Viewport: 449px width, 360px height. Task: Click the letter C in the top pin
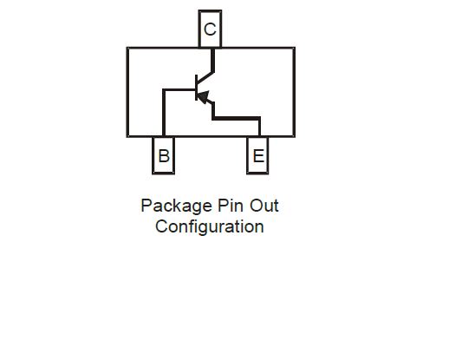pos(210,29)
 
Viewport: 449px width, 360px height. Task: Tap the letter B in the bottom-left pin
pos(164,156)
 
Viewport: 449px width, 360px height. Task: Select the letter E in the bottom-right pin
pos(258,156)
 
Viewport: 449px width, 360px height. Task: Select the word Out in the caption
pos(264,206)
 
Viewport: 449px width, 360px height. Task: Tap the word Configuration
pos(210,226)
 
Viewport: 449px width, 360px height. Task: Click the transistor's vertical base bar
pos(197,88)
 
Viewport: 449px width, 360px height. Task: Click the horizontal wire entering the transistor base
pos(179,90)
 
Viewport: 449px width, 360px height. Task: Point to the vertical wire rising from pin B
pos(164,113)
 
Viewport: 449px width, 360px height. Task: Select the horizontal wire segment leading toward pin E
pos(237,118)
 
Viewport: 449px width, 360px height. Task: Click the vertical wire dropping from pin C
pos(213,60)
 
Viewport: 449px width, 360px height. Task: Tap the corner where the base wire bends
pos(164,90)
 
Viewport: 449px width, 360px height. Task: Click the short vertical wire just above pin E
pos(259,127)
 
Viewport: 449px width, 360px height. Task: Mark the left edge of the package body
pos(127,92)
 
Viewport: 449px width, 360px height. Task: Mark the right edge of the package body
pos(294,92)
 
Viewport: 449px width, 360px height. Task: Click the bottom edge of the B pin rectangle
pos(163,173)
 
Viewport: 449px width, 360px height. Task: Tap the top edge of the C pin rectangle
pos(210,11)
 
